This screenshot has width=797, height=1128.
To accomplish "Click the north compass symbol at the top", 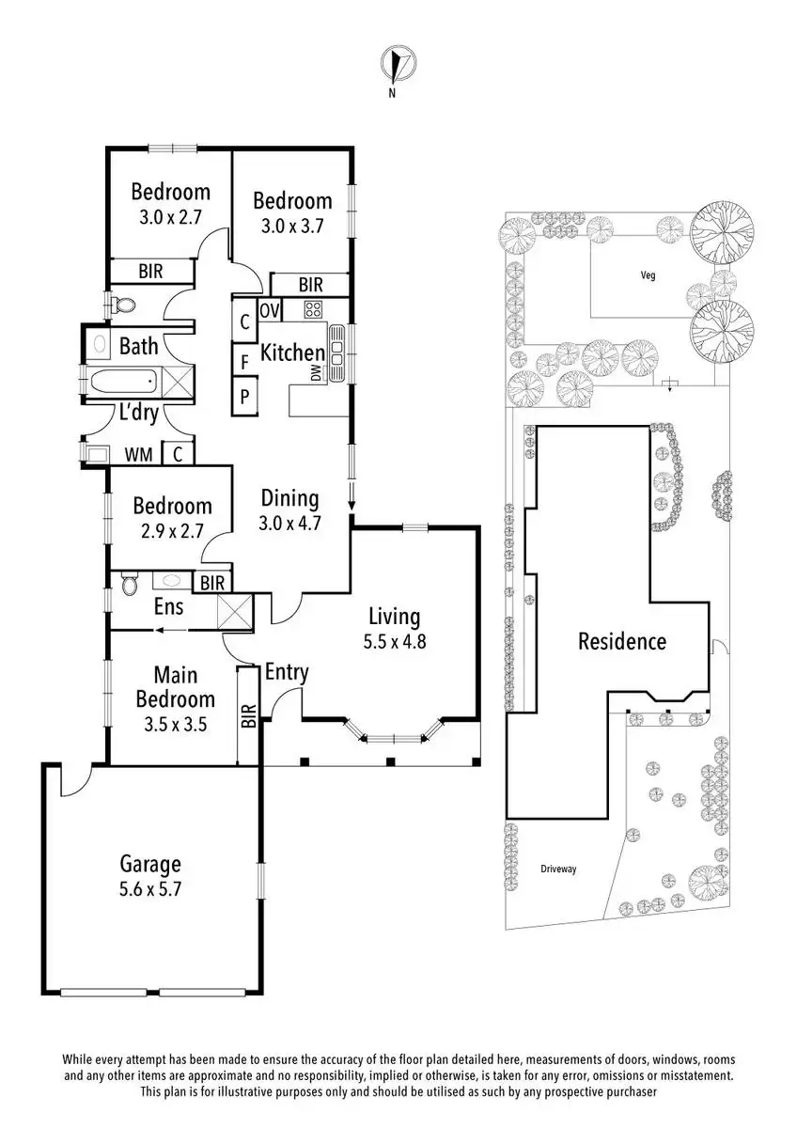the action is [398, 65].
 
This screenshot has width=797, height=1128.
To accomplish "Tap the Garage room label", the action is [149, 864].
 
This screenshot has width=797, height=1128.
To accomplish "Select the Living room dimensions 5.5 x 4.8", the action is [394, 644].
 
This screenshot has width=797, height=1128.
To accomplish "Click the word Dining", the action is [289, 498].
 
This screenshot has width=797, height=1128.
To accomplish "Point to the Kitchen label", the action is [291, 353].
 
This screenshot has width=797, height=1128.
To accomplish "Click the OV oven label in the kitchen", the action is [270, 311].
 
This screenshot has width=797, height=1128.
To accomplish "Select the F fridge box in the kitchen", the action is [244, 360].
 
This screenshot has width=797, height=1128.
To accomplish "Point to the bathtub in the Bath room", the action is [122, 384].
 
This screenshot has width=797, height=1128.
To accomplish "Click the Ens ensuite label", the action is [168, 606].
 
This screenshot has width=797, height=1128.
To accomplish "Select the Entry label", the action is [287, 672].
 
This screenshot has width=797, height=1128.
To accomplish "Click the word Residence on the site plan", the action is [621, 642].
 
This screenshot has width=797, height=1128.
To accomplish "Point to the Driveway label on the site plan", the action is [558, 869].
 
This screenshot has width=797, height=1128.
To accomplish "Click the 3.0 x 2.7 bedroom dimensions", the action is [170, 216].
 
